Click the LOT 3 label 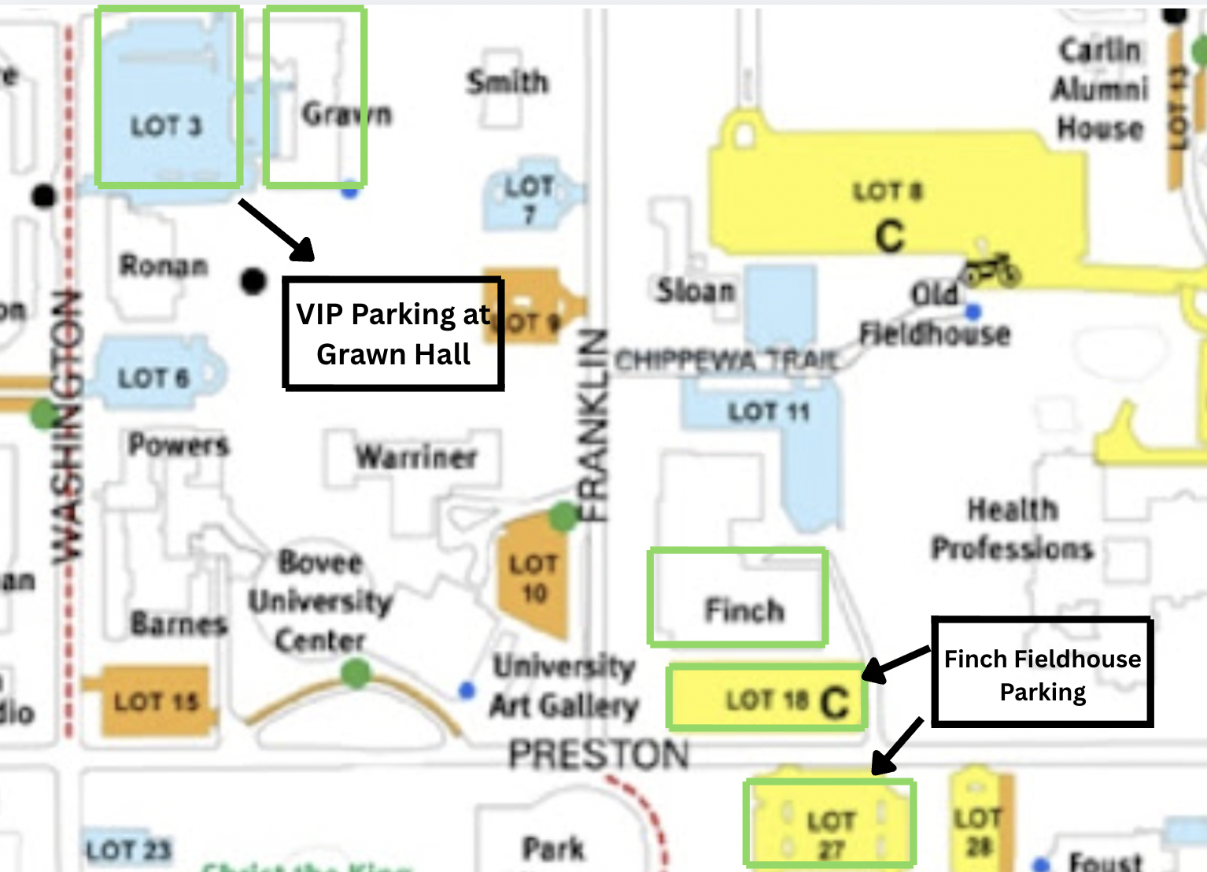(x=166, y=127)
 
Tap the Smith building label (x=508, y=82)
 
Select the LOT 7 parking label (x=529, y=200)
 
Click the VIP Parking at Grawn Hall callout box (x=393, y=334)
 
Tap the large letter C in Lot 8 (x=890, y=235)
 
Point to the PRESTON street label (x=599, y=755)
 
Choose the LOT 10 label (x=533, y=578)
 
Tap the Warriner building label (x=416, y=456)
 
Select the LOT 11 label (x=769, y=412)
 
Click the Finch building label (x=744, y=610)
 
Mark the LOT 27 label (x=831, y=835)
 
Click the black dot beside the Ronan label (x=253, y=280)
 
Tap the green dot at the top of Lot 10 (x=563, y=517)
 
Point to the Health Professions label (x=1012, y=529)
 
